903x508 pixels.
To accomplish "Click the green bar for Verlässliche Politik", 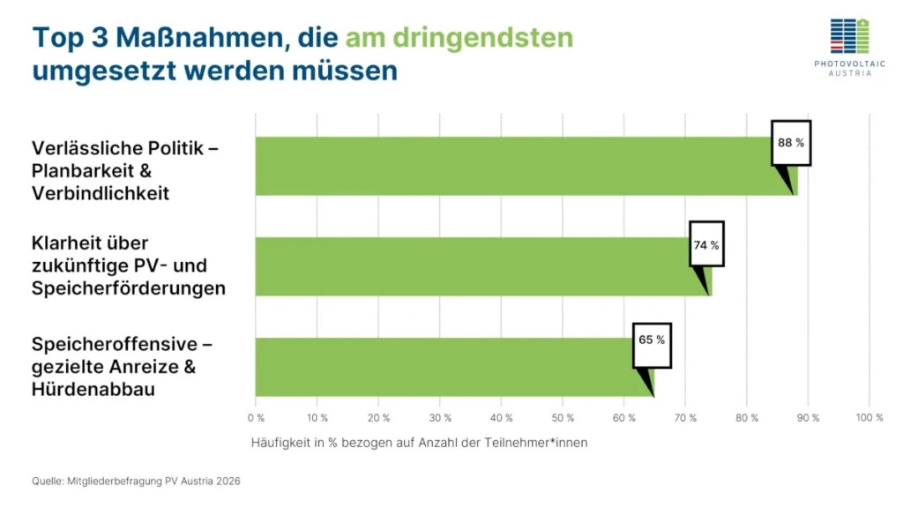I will pyautogui.click(x=511, y=166).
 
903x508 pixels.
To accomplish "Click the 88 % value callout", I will pyautogui.click(x=790, y=142).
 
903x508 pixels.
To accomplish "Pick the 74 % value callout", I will pyautogui.click(x=705, y=244).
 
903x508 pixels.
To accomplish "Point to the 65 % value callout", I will pyautogui.click(x=652, y=339).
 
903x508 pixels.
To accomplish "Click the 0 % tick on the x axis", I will pyautogui.click(x=256, y=417).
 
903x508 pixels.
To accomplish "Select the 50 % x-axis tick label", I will pyautogui.click(x=563, y=417).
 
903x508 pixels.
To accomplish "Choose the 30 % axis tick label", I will pyautogui.click(x=440, y=417).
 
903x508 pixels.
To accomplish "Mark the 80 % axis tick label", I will pyautogui.click(x=747, y=417).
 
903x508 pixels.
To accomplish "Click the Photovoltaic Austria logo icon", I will pyautogui.click(x=849, y=36).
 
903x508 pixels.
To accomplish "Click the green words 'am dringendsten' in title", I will pyautogui.click(x=459, y=38).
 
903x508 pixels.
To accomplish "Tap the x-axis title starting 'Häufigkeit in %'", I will pyautogui.click(x=419, y=443).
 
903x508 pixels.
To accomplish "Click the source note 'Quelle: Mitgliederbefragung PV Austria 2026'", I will pyautogui.click(x=136, y=482).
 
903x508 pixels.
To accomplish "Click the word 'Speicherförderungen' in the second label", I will pyautogui.click(x=128, y=288).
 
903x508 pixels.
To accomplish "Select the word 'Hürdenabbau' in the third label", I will pyautogui.click(x=93, y=389).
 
